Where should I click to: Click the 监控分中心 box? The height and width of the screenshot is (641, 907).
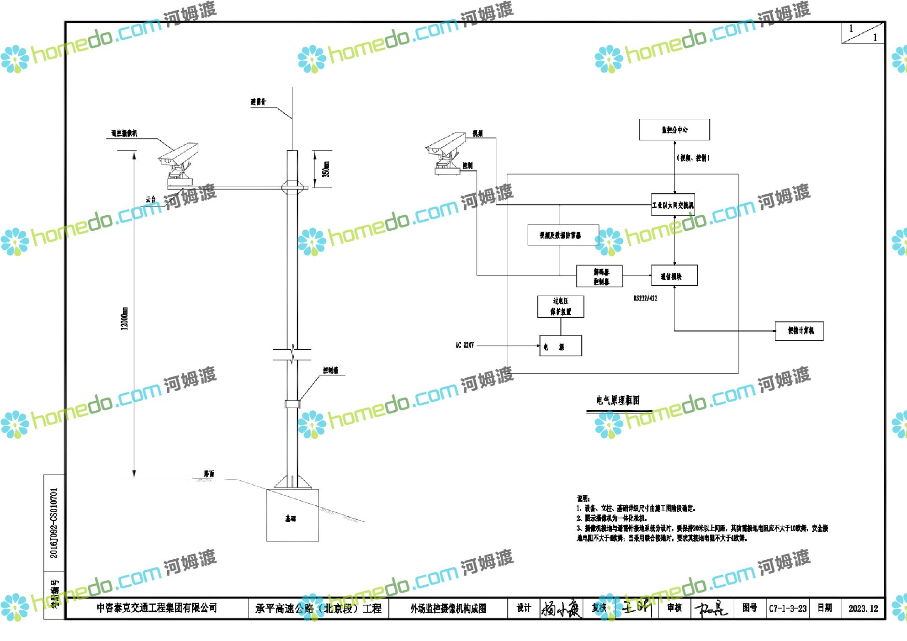tap(674, 130)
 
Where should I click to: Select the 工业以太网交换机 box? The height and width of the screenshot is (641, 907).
tap(673, 205)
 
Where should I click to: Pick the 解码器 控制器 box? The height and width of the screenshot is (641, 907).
tap(599, 276)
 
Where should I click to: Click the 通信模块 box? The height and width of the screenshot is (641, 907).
tap(674, 276)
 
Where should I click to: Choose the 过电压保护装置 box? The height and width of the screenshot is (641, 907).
tap(561, 307)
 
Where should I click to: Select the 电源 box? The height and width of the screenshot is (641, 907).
tap(560, 346)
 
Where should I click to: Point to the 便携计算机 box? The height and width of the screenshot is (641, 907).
tap(799, 331)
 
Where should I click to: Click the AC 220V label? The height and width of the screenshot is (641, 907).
tap(465, 345)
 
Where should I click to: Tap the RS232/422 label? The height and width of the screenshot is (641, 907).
tap(645, 298)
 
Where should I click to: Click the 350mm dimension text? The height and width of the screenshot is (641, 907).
tap(326, 169)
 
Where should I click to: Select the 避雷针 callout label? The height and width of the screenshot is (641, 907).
tap(258, 102)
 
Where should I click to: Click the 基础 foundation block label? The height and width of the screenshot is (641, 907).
tap(291, 519)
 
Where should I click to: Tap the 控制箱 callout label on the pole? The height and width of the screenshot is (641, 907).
tap(330, 371)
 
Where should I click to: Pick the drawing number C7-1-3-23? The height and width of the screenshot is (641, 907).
tap(788, 609)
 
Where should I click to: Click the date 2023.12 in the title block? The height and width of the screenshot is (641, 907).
tap(863, 609)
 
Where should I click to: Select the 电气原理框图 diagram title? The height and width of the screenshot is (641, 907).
tap(618, 401)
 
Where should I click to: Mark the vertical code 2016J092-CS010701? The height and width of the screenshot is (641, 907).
tap(54, 523)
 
